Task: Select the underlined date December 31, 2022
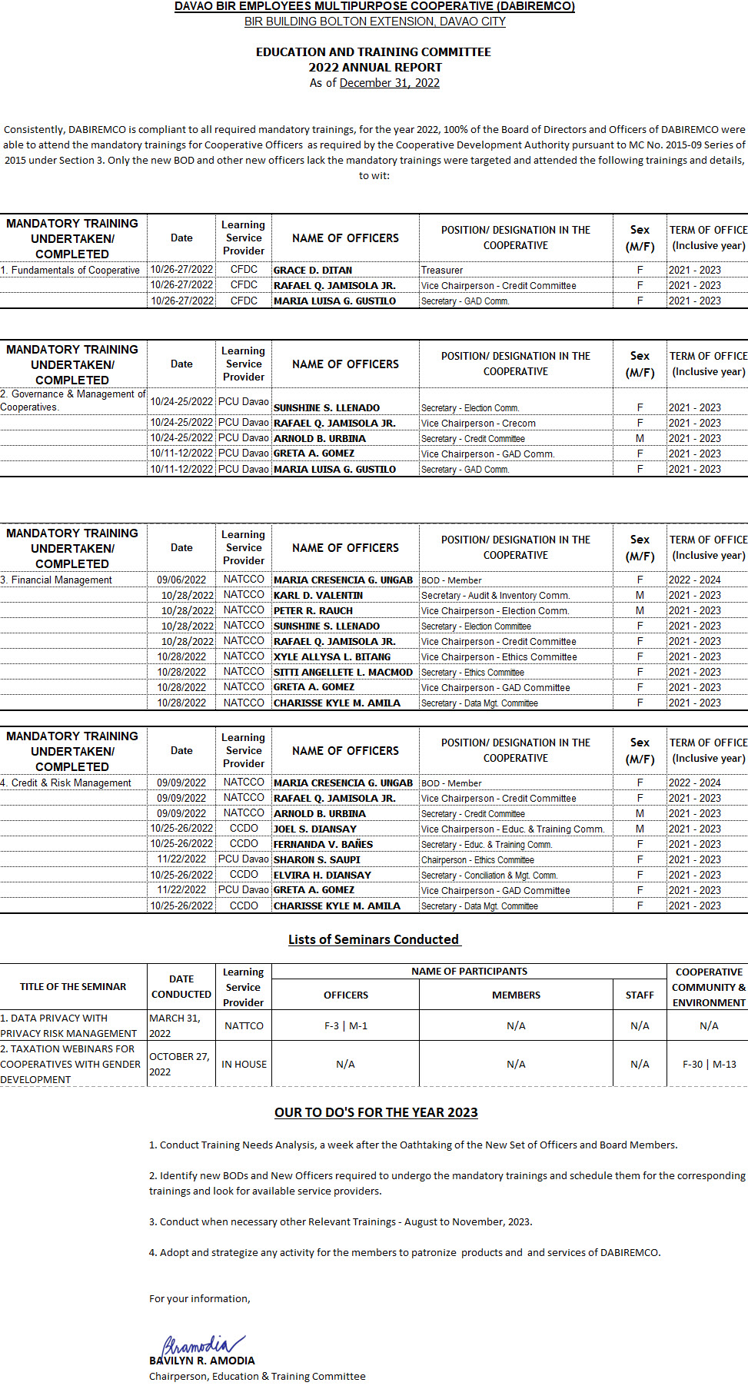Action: (x=389, y=83)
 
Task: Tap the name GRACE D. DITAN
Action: (x=313, y=271)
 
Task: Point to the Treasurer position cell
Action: (x=442, y=271)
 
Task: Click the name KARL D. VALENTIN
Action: (x=318, y=596)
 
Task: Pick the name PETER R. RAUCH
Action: (x=313, y=611)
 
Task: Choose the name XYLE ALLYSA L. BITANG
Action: (x=332, y=657)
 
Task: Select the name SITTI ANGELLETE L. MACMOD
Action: (x=343, y=673)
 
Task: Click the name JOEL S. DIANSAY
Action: (x=315, y=829)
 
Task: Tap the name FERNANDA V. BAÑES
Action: (x=323, y=845)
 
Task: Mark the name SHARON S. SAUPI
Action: (x=317, y=860)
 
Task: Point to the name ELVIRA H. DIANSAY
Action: (x=322, y=876)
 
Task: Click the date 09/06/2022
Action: (x=181, y=580)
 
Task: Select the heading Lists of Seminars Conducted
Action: (x=374, y=939)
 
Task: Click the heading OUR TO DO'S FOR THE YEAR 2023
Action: (x=376, y=1112)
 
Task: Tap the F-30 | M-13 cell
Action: (x=709, y=1065)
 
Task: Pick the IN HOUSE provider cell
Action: (x=244, y=1065)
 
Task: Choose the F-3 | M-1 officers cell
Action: (x=346, y=1026)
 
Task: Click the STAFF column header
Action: (x=640, y=995)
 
